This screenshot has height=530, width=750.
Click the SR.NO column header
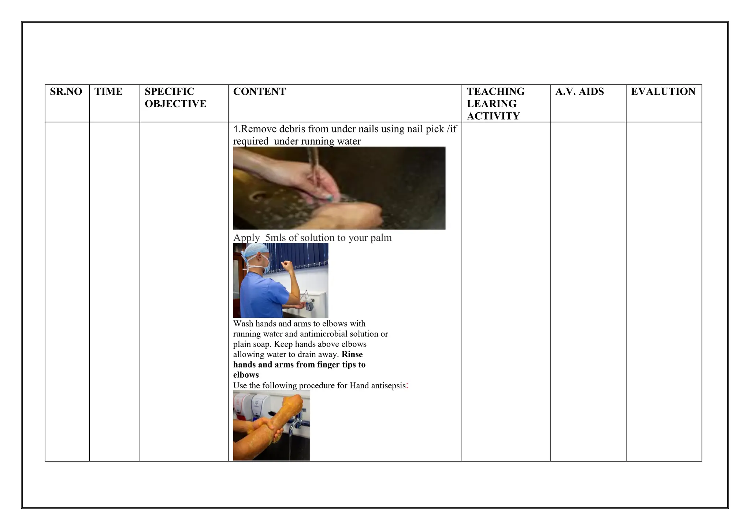pyautogui.click(x=66, y=92)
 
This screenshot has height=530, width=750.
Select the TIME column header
pyautogui.click(x=108, y=92)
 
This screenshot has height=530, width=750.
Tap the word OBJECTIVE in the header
pyautogui.click(x=175, y=104)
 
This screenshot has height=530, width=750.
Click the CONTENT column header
pyautogui.click(x=259, y=92)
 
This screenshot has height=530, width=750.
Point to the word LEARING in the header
pyautogui.click(x=491, y=104)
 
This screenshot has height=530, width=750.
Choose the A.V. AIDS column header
pyautogui.click(x=579, y=92)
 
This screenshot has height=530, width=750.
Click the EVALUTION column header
pyautogui.click(x=663, y=92)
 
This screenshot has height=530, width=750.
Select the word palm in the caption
pyautogui.click(x=381, y=238)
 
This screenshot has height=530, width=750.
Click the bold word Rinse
pyautogui.click(x=352, y=354)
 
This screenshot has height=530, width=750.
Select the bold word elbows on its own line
pyautogui.click(x=246, y=375)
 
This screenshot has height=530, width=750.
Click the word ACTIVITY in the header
pyautogui.click(x=493, y=116)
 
